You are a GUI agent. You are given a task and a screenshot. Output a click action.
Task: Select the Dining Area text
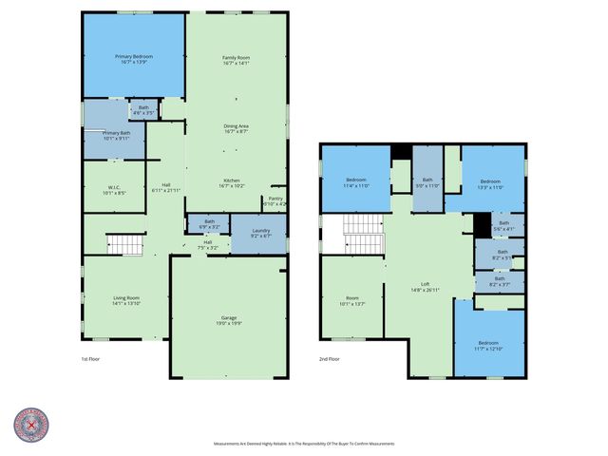(236, 128)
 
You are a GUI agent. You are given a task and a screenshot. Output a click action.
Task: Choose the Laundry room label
(260, 234)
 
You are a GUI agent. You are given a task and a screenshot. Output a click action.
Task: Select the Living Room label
(126, 300)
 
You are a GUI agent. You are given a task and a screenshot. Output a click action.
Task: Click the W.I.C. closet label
(113, 189)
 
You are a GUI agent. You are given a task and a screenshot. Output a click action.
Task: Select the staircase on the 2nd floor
(361, 235)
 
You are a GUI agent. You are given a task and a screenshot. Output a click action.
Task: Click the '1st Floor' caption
(91, 360)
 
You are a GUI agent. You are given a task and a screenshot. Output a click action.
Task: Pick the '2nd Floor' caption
(330, 360)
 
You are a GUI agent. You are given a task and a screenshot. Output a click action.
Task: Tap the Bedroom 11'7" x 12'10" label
(487, 344)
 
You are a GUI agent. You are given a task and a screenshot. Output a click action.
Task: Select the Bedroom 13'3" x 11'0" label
(489, 183)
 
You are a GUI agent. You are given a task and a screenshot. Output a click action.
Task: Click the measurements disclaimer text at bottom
(303, 444)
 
